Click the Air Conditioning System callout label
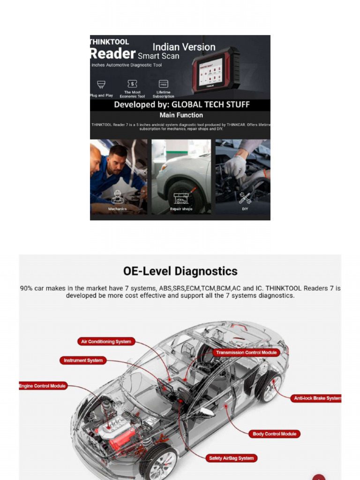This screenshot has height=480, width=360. [x=106, y=342]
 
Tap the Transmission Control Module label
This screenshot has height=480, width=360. [x=246, y=352]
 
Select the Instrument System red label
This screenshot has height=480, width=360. [x=82, y=360]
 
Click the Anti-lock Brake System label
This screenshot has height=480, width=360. [x=316, y=398]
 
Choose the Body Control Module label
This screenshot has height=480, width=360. [x=274, y=434]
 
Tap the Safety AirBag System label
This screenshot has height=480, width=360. [x=231, y=458]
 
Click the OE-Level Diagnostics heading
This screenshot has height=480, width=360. [x=180, y=271]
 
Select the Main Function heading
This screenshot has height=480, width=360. [x=181, y=115]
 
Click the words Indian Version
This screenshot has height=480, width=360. [x=184, y=47]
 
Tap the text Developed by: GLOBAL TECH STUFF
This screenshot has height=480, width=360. [x=182, y=105]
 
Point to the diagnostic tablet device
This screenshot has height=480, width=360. [x=216, y=70]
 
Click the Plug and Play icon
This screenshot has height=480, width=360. [x=101, y=85]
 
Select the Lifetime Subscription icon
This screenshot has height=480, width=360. [x=163, y=84]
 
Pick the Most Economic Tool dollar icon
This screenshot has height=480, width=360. [x=132, y=84]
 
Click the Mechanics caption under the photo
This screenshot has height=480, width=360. [x=117, y=209]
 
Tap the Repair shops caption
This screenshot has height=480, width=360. [x=181, y=209]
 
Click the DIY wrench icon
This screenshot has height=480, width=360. [x=245, y=198]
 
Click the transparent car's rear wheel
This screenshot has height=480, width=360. [x=269, y=387]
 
